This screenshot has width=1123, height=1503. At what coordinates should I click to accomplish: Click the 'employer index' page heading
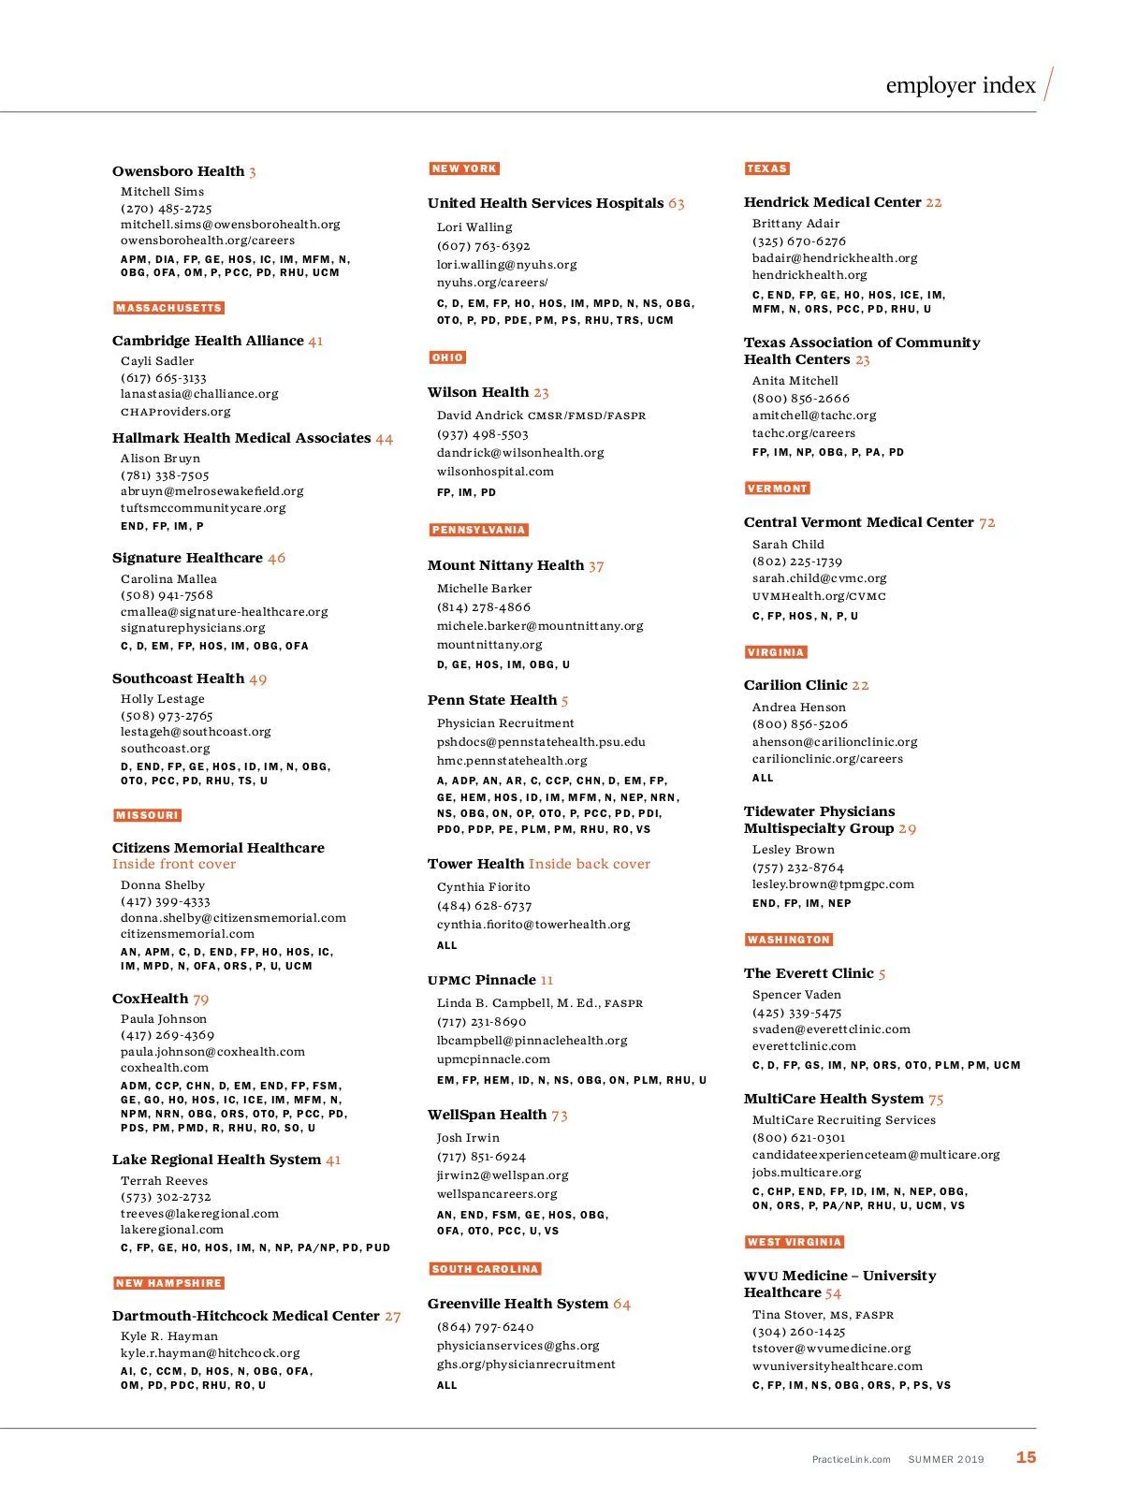pos(960,85)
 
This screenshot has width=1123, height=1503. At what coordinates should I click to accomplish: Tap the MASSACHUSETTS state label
pos(169,308)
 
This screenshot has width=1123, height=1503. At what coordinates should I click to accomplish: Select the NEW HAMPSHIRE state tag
pos(169,1283)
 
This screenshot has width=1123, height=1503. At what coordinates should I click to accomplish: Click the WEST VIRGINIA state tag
pos(795,1242)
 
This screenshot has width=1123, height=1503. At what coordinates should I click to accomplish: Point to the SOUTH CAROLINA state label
pos(485,1269)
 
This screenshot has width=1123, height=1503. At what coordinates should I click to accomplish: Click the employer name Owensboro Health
pos(178,171)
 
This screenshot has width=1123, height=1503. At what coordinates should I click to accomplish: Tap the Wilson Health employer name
pos(478,392)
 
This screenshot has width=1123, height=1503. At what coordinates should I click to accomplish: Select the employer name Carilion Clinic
pos(795,685)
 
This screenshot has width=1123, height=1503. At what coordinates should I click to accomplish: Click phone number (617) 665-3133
pos(164,378)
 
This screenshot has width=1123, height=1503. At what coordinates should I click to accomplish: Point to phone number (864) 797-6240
pos(486,1327)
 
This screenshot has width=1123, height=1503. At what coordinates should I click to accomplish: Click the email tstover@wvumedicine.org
pos(831,1349)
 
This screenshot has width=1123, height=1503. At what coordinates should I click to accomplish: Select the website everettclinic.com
pos(804,1046)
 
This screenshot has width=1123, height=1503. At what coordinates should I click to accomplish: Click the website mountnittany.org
pos(489,645)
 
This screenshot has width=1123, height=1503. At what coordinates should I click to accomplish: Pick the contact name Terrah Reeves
pos(164,1181)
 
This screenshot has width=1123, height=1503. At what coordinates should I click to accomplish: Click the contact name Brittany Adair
pos(795,224)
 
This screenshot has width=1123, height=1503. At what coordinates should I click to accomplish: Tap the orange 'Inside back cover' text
pos(590,864)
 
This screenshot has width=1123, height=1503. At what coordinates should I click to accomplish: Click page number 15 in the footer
pos(1026,1457)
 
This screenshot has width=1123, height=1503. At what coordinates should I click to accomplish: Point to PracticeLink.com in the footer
pos(851,1459)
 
